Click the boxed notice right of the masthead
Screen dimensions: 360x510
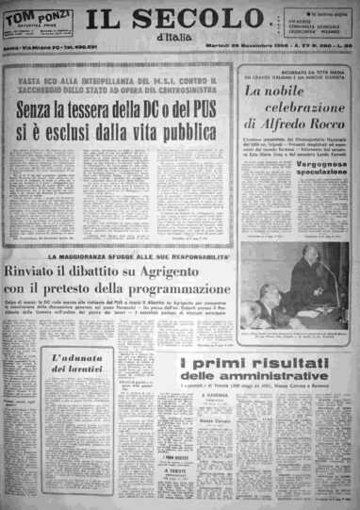click(x=321, y=28)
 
